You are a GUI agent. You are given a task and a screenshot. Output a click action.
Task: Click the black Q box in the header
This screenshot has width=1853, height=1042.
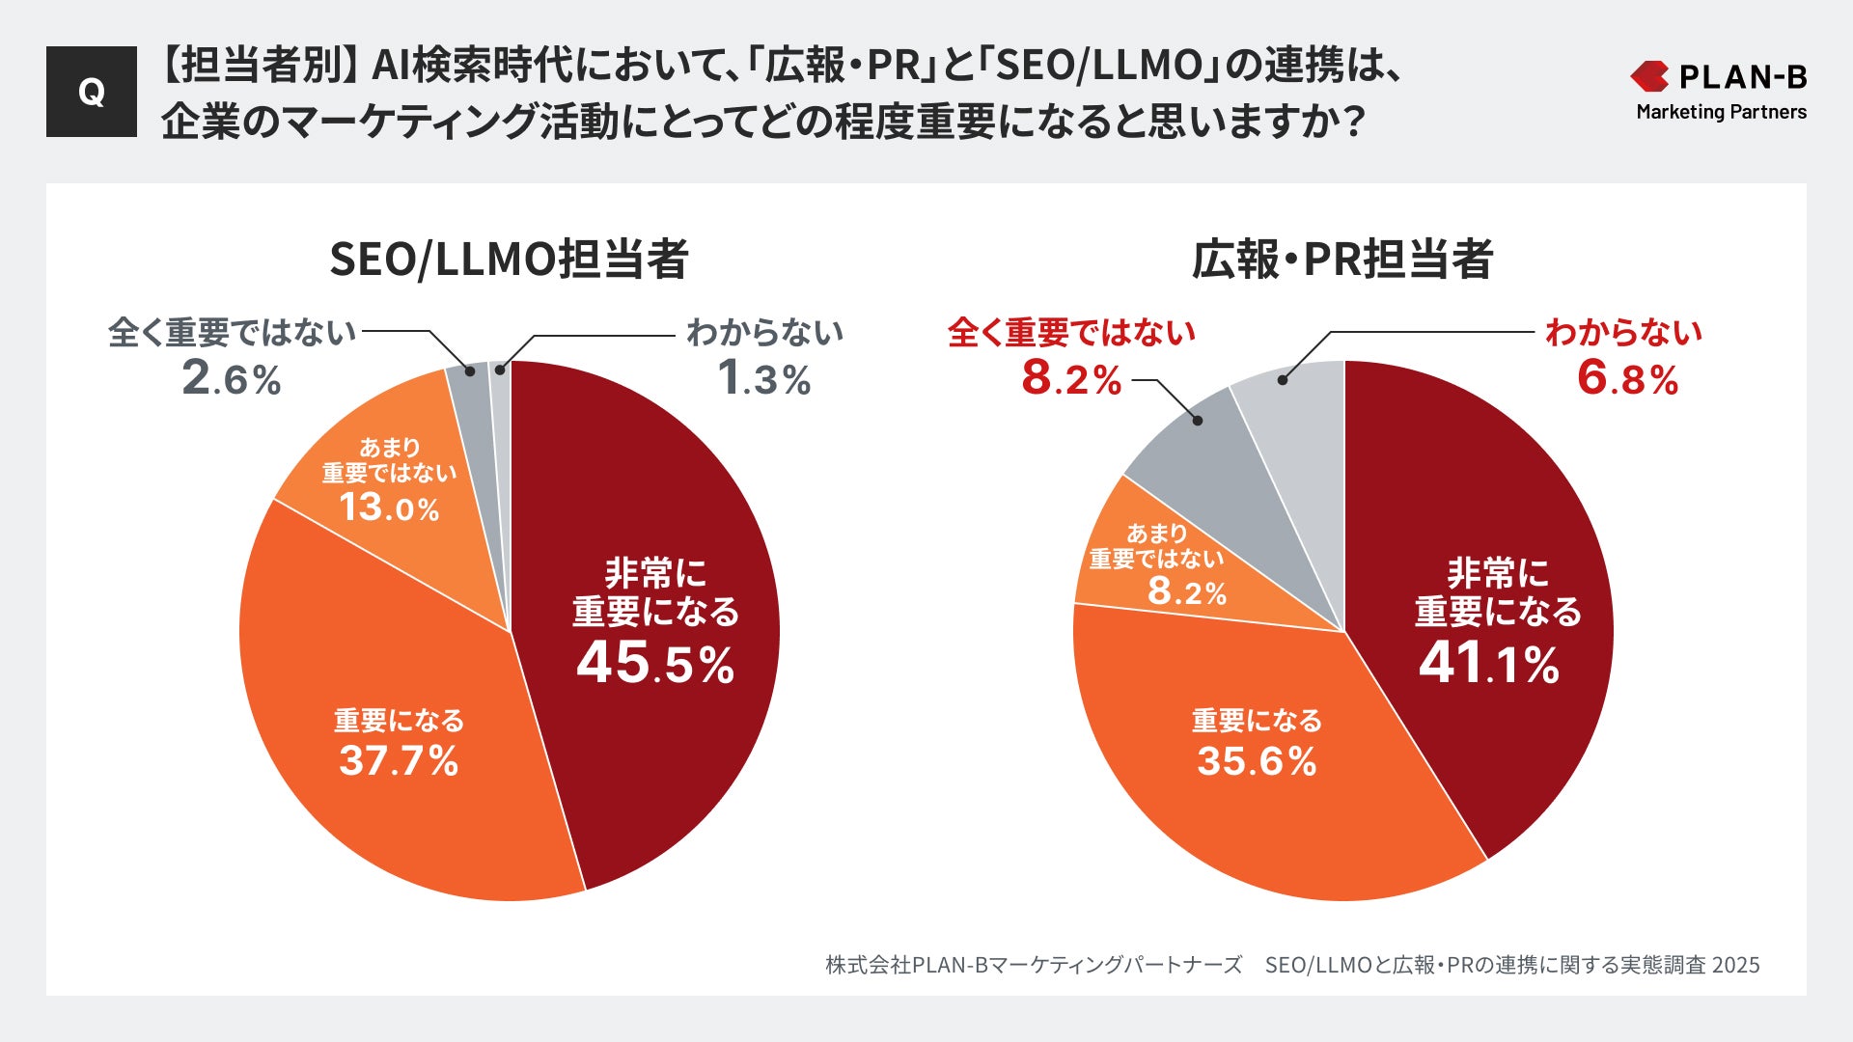click(x=92, y=92)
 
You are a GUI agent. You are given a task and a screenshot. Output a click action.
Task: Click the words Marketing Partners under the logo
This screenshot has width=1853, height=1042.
click(x=1721, y=112)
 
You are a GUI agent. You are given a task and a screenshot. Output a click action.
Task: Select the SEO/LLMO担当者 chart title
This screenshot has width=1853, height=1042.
click(x=509, y=260)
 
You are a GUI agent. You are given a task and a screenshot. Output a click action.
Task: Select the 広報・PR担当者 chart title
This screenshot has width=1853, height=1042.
click(x=1342, y=260)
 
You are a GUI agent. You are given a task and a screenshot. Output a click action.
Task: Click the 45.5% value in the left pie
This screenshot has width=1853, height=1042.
click(x=655, y=664)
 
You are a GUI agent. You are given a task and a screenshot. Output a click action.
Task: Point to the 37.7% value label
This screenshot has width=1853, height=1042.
click(x=399, y=761)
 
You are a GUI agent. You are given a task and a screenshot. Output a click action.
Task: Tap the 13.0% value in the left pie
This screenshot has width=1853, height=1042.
click(x=389, y=507)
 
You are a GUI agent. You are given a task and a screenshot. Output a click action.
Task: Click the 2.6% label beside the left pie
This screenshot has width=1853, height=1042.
click(x=232, y=378)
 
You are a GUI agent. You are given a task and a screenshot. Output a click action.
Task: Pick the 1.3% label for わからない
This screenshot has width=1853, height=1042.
click(x=764, y=378)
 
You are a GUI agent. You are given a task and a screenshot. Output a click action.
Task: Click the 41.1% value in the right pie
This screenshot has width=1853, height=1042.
click(x=1488, y=664)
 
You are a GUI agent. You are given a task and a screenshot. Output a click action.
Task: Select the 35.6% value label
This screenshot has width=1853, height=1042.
click(x=1257, y=761)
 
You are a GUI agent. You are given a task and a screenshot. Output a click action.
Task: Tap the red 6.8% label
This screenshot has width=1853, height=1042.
click(x=1627, y=378)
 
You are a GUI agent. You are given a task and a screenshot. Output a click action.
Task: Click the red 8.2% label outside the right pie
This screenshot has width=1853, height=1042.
click(x=1071, y=378)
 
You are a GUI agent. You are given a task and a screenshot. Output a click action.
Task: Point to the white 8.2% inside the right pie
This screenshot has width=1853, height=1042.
click(x=1186, y=590)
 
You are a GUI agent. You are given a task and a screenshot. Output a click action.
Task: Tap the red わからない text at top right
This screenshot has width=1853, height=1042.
click(x=1623, y=332)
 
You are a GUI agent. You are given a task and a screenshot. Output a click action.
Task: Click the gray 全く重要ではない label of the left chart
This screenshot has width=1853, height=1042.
click(x=233, y=332)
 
